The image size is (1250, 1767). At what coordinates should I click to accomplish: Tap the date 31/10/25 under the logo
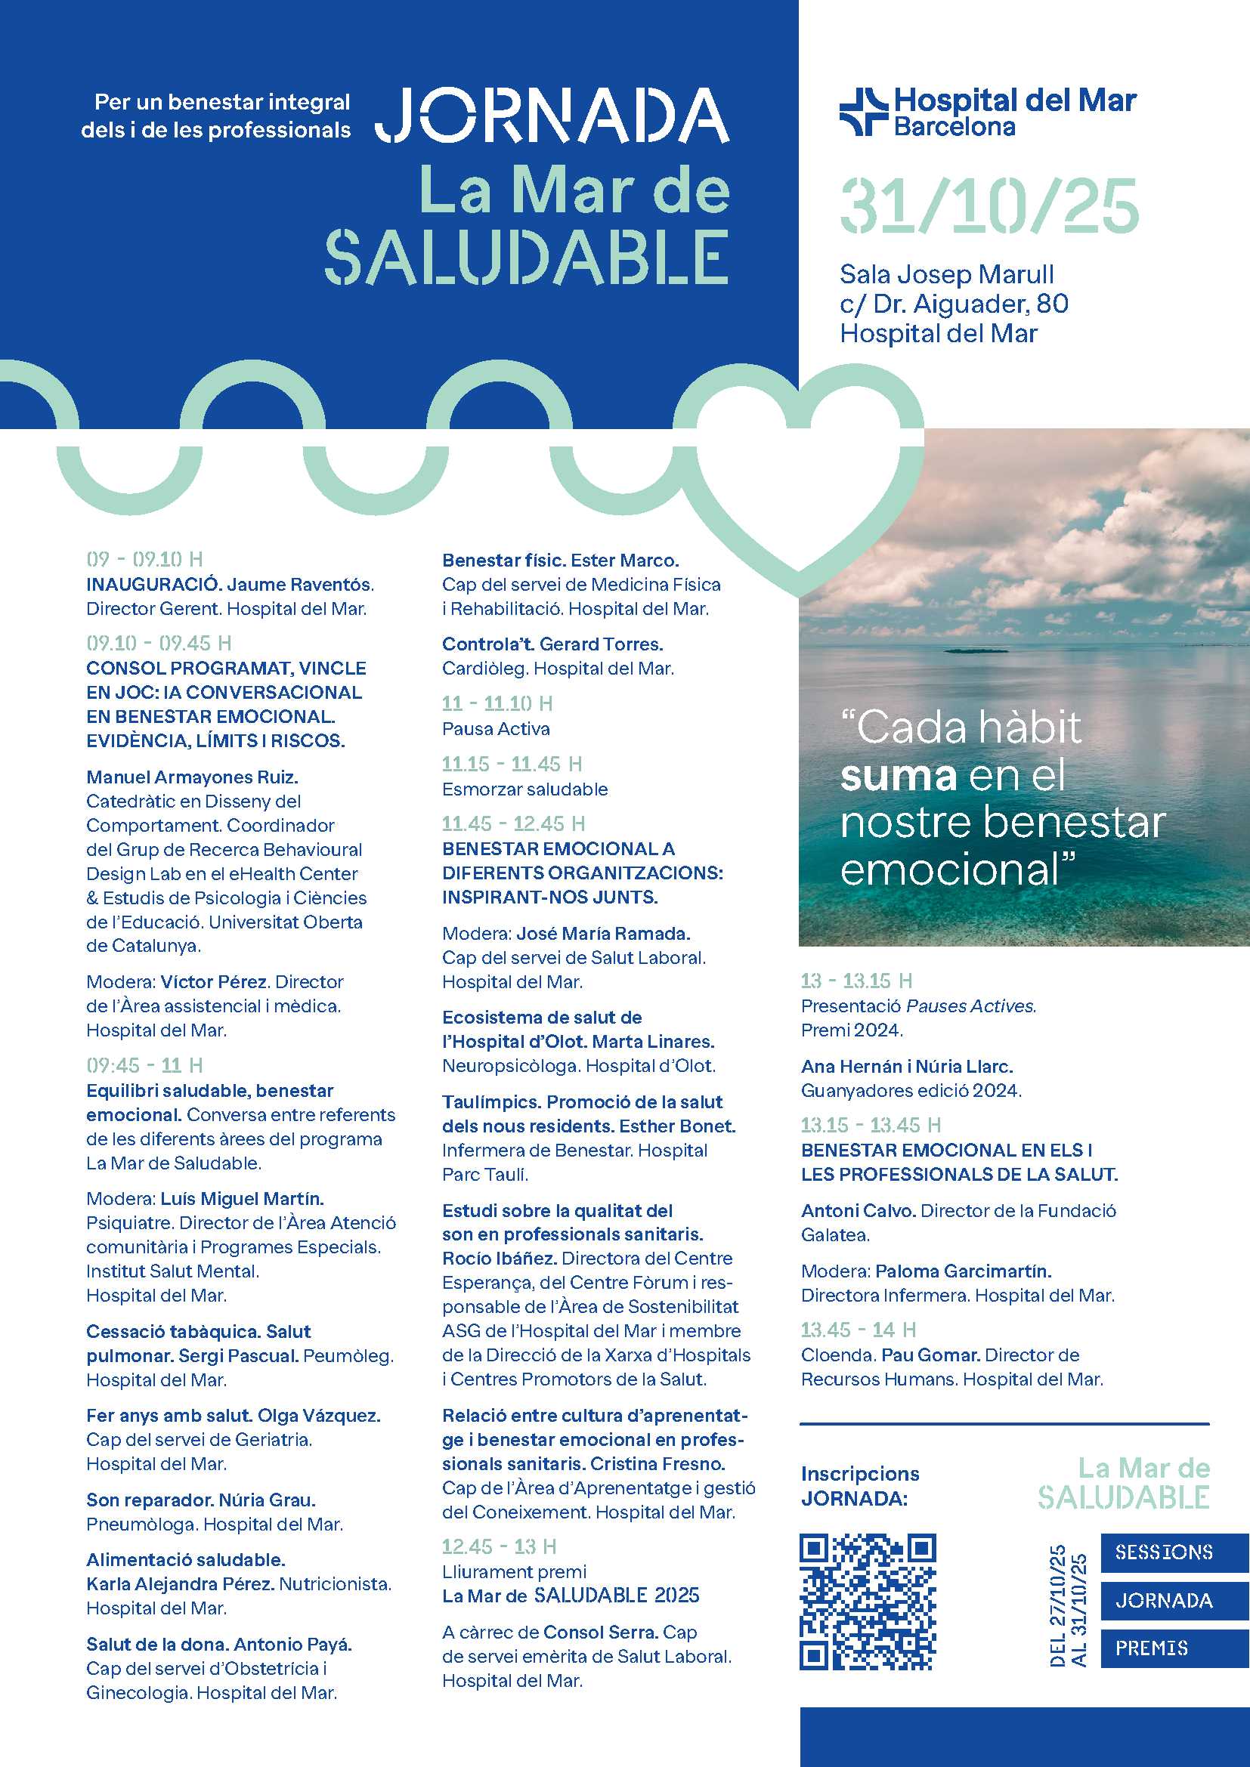(x=989, y=205)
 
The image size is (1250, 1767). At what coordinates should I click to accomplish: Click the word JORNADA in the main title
(x=552, y=116)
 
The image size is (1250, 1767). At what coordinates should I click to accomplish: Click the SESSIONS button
(x=1163, y=1552)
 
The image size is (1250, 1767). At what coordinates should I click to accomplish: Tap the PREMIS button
(x=1152, y=1648)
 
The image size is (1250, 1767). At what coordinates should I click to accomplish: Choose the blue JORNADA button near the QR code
(x=1164, y=1601)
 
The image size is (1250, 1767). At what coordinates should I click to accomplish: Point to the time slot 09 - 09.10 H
(x=144, y=560)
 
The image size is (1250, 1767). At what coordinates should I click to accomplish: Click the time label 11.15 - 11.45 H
(x=511, y=765)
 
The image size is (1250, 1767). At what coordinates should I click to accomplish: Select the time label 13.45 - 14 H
(x=858, y=1330)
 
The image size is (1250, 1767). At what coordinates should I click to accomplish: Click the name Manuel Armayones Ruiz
(x=192, y=777)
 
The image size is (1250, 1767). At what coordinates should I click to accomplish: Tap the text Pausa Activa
(x=496, y=729)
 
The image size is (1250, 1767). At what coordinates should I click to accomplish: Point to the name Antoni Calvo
(x=858, y=1210)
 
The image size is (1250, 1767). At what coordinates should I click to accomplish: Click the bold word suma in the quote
(x=898, y=776)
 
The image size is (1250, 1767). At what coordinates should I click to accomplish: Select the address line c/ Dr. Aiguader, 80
(x=954, y=304)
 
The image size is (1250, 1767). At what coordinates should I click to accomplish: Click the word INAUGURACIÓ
(x=153, y=585)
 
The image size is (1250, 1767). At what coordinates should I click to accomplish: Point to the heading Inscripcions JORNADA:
(x=859, y=1485)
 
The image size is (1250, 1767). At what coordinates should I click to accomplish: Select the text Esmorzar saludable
(x=524, y=789)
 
